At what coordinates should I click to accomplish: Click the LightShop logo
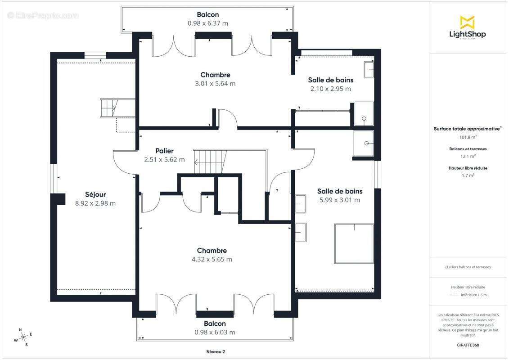468,27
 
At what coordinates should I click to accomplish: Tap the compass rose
23,337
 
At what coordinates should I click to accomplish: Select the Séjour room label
95,194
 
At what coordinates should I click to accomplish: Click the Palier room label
164,151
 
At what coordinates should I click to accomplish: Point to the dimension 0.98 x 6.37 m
208,23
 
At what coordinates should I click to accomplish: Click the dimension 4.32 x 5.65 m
212,259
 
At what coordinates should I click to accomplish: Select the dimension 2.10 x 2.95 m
330,89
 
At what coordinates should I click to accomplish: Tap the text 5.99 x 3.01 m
339,200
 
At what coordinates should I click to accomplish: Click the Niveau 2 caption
216,351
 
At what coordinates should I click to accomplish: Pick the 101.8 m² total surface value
468,137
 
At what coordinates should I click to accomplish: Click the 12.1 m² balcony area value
468,156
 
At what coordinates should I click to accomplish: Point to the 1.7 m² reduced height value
468,175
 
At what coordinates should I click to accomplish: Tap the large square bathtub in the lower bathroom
354,243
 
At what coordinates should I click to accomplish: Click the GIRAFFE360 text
468,345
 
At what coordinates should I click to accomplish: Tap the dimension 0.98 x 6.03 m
215,332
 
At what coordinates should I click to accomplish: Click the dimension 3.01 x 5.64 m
215,83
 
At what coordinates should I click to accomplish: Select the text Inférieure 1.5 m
473,295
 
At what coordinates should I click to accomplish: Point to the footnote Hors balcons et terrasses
468,267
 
